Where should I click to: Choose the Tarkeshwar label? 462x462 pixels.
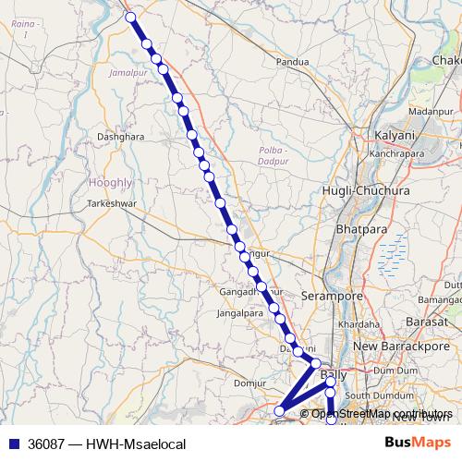coord(112,202)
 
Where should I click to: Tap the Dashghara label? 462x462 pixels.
coord(121,137)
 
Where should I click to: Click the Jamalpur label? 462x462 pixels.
coord(128,71)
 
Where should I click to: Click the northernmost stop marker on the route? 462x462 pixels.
coord(130,17)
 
